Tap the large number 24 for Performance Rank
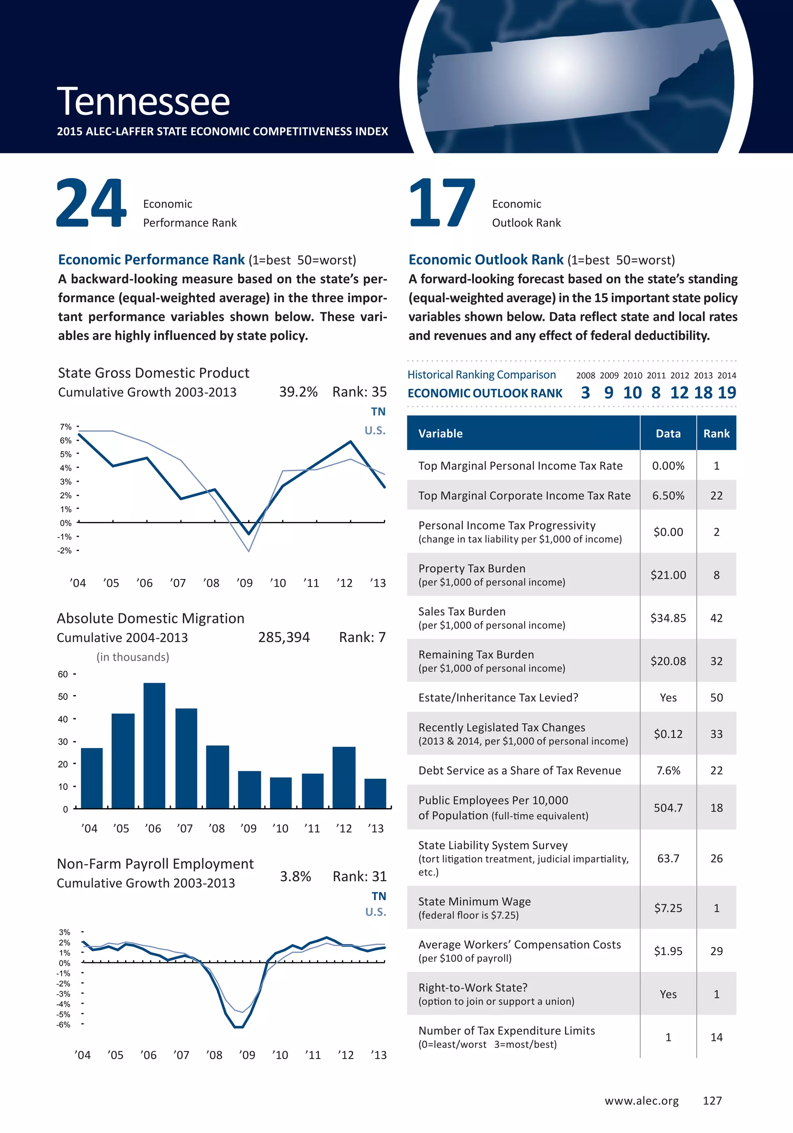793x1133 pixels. coord(91,203)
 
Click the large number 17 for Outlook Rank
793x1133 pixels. coord(442,203)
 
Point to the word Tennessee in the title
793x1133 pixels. coord(144,102)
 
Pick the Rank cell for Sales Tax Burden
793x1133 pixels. coord(716,618)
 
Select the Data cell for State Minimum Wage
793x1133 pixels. coord(668,908)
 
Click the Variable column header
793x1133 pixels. coord(441,433)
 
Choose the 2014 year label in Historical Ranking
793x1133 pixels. coord(726,376)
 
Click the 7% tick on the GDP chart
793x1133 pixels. coord(65,426)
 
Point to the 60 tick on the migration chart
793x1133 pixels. coord(63,674)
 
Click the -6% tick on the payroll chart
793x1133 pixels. coord(63,1025)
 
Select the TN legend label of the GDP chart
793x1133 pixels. coord(378,412)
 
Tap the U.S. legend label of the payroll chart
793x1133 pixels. coord(376,912)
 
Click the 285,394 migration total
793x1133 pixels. coord(284,638)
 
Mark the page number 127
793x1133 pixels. coord(712,1100)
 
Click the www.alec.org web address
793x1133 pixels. coord(642,1100)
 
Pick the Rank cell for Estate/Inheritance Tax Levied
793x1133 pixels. coord(716,697)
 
